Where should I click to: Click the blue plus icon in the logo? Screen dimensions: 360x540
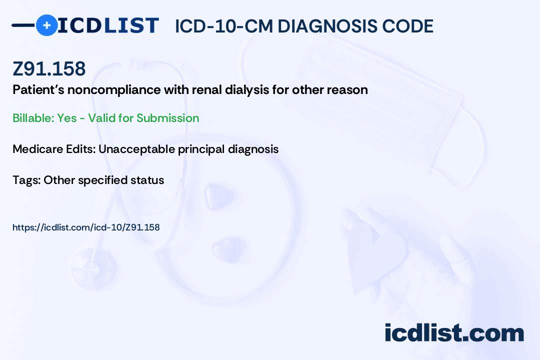pos(46,25)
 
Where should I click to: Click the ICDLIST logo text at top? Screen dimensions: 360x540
pos(108,25)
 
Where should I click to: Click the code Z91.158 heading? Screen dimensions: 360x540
pos(49,69)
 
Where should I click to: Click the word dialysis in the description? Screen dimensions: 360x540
pos(263,90)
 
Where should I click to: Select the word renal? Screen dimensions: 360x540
pos(224,90)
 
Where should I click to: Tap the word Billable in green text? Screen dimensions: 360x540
pos(32,118)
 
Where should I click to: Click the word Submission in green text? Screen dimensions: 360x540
pos(167,118)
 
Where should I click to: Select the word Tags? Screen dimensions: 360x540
pos(25,180)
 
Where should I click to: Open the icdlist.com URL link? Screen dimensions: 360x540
pos(86,227)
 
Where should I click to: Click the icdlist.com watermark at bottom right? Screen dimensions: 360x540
pos(454,333)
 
